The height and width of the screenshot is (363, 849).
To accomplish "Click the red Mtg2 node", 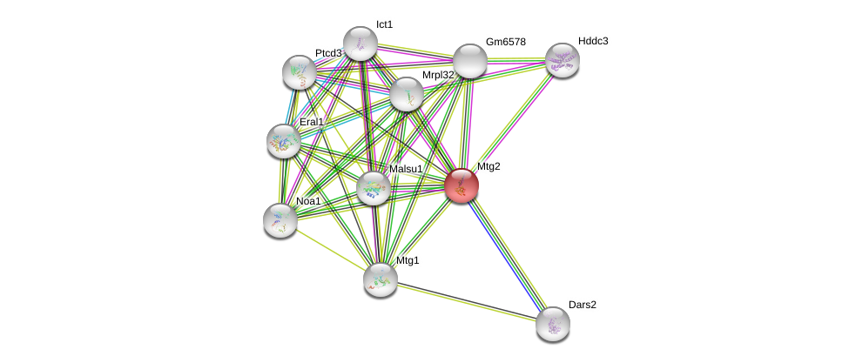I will point(462,185).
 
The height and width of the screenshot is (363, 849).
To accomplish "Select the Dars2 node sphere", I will point(552,324).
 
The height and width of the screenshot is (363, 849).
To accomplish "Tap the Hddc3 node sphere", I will point(562,60).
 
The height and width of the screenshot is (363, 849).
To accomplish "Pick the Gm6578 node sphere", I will point(469,61).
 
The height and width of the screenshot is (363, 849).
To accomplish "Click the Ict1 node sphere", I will point(360,44).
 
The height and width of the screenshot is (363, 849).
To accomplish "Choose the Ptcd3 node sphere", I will point(300,72).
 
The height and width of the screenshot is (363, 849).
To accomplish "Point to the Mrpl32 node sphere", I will point(406,94).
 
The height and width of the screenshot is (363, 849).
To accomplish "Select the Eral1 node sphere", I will point(283,140).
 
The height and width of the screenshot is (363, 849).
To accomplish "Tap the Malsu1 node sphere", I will point(374,188).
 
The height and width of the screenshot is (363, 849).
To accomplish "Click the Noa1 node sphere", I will point(280,220).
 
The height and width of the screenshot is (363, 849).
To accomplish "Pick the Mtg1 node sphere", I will point(380,279).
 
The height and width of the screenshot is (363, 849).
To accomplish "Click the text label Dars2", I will point(583,305).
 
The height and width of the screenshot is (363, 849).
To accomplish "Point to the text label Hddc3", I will point(593,41).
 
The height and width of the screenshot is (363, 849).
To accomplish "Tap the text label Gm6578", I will point(505,42).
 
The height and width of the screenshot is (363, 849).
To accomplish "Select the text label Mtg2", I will point(489,166).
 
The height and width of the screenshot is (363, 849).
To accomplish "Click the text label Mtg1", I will point(408,260).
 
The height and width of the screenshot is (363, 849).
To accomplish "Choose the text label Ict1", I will point(384,24).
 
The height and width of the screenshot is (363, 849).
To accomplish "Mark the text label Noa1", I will point(308,201).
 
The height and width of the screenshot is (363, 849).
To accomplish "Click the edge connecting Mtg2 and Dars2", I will point(507,254).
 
